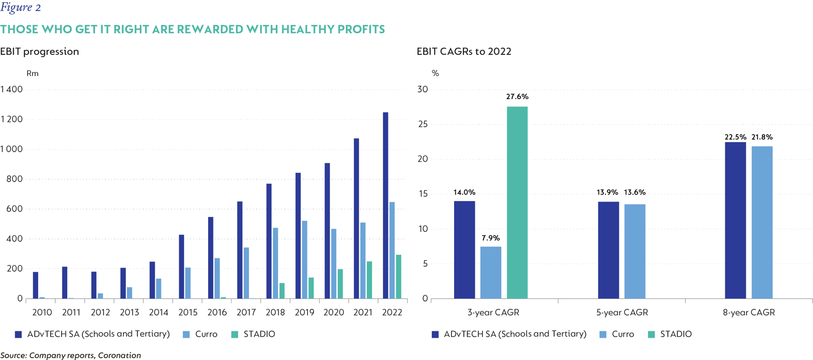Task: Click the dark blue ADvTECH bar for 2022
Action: [x=385, y=206]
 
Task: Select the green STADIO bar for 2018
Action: [x=282, y=291]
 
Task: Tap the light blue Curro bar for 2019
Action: [x=304, y=260]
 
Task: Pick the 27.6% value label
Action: [x=517, y=97]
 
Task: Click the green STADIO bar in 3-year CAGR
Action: [x=517, y=202]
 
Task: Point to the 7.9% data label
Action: [x=490, y=238]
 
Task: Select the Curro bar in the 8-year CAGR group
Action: [x=762, y=222]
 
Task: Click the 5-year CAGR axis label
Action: [x=622, y=312]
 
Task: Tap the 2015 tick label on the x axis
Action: [x=188, y=312]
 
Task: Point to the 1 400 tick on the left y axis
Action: [x=12, y=90]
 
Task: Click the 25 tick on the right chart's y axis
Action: [x=422, y=125]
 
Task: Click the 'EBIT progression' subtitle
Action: [x=40, y=51]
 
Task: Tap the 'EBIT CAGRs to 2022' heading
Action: [x=464, y=51]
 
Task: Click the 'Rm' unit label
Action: [x=32, y=74]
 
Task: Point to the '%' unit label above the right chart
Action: [x=435, y=74]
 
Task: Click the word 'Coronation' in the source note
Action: [x=119, y=355]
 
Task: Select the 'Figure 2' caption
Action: [x=20, y=7]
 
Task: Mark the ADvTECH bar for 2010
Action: [x=35, y=285]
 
